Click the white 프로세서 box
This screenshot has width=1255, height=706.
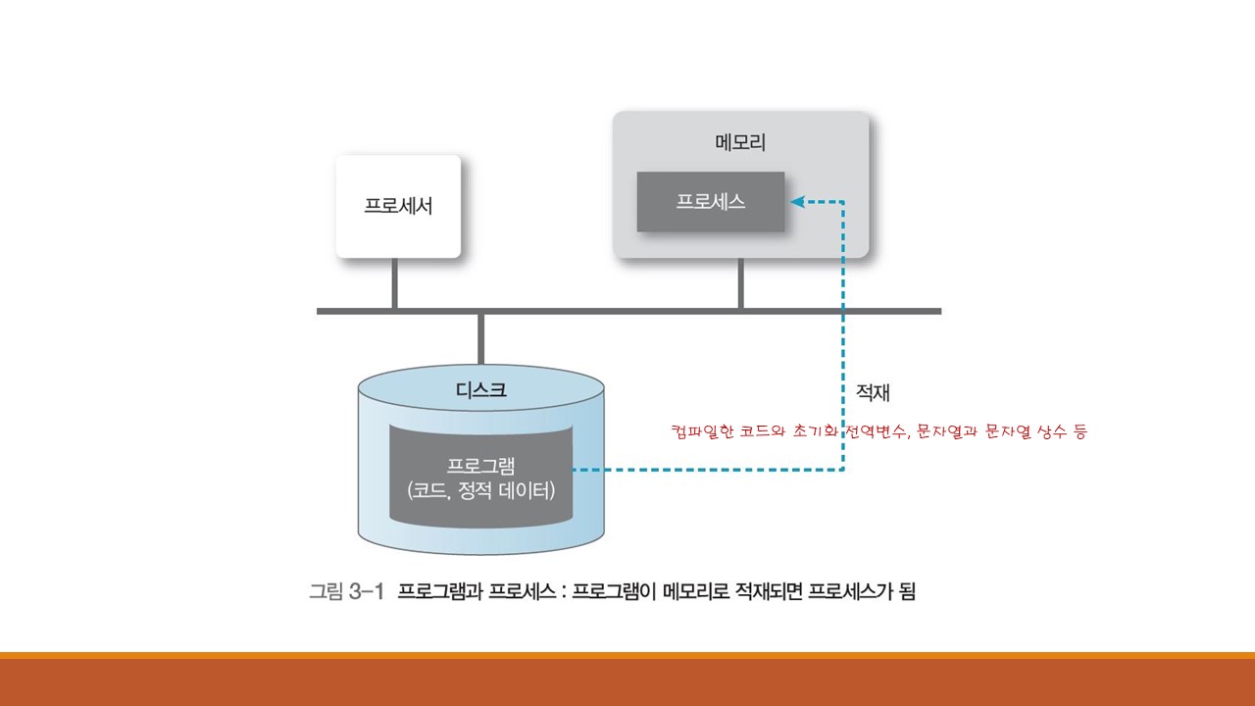click(x=397, y=207)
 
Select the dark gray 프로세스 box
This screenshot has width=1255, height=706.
click(x=711, y=202)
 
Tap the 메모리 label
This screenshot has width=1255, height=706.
click(x=740, y=142)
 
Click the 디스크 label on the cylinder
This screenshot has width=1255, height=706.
click(x=481, y=389)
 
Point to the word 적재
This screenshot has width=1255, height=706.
click(x=873, y=393)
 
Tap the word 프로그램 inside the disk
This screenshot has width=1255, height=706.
click(x=481, y=464)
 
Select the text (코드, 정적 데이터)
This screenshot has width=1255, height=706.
click(x=481, y=489)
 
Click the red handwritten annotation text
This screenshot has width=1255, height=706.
click(x=878, y=431)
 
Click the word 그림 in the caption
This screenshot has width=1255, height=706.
click(x=326, y=591)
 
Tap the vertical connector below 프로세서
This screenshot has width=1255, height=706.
click(x=394, y=284)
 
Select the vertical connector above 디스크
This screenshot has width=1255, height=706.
click(x=480, y=338)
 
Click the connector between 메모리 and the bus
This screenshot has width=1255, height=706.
click(x=740, y=284)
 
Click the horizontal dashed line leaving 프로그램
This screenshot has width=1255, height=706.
click(x=706, y=471)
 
